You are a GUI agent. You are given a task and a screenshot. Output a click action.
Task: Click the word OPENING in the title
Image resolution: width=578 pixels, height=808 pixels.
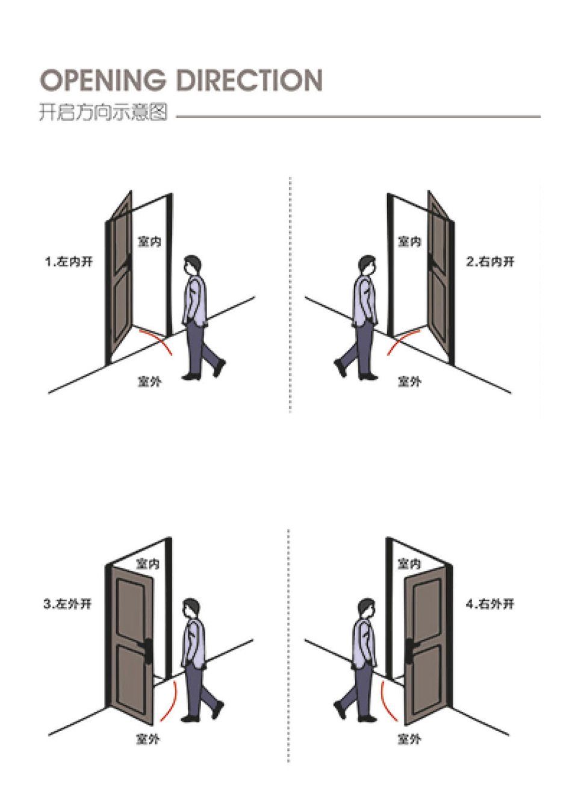click(x=102, y=79)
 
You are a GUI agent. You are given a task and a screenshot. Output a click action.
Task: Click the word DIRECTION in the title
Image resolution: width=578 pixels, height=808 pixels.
click(x=249, y=79)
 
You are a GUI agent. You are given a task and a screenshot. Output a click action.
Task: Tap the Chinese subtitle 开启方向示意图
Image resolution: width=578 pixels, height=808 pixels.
click(x=103, y=112)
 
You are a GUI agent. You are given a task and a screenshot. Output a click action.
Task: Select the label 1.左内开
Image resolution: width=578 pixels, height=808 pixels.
click(x=69, y=261)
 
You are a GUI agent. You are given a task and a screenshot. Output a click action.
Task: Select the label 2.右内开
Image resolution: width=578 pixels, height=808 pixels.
click(x=490, y=261)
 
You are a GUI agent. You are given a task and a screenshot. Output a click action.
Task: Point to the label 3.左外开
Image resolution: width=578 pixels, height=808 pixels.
click(x=67, y=604)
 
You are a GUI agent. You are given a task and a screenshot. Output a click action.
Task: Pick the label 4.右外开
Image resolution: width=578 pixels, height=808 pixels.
click(x=490, y=604)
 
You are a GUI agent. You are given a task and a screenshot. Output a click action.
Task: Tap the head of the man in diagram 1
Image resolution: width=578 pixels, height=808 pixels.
click(x=191, y=266)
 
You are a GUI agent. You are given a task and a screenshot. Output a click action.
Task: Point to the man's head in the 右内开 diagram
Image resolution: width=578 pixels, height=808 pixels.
click(x=367, y=266)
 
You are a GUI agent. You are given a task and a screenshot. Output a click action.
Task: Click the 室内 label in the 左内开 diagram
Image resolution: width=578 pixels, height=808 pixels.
click(x=149, y=241)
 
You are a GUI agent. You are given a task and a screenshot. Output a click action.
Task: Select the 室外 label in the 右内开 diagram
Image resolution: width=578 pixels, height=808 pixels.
click(x=409, y=381)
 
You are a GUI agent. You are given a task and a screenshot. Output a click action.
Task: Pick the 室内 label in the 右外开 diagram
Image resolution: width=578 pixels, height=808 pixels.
click(x=409, y=564)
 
